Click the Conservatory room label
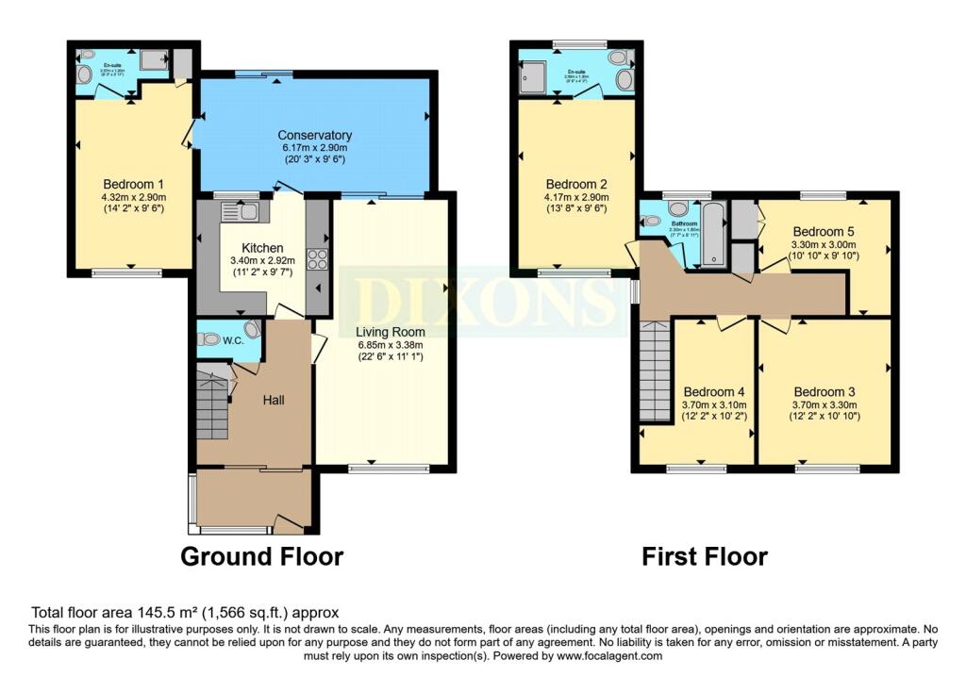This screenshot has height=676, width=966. [315, 135]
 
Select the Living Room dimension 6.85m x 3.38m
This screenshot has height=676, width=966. [390, 345]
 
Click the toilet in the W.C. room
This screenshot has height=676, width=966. [211, 339]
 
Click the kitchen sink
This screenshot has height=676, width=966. [240, 212]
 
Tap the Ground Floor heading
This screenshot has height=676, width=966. [261, 556]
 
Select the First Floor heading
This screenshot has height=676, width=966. [704, 556]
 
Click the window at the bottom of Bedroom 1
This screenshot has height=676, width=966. [120, 273]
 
